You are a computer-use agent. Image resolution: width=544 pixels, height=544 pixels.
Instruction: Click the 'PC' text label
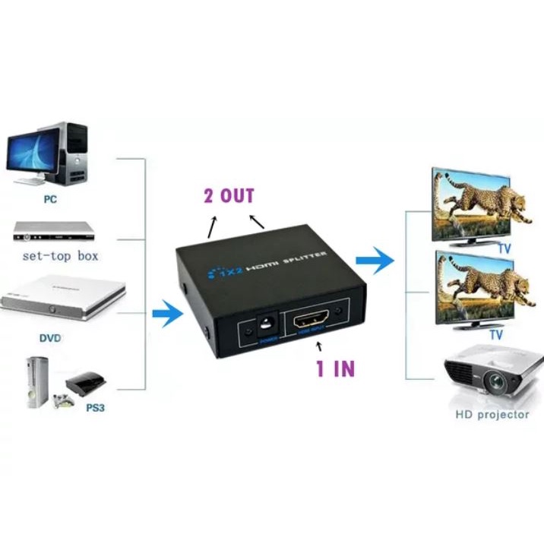click(51, 200)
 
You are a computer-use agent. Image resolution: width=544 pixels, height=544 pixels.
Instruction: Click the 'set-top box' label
click(61, 255)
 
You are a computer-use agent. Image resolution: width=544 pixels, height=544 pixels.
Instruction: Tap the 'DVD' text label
click(51, 337)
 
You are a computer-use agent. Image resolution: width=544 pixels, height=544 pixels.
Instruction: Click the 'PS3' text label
click(95, 408)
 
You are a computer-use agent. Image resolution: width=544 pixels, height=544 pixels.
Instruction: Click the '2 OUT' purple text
click(229, 196)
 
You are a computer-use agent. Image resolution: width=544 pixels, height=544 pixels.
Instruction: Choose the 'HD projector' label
click(492, 415)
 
